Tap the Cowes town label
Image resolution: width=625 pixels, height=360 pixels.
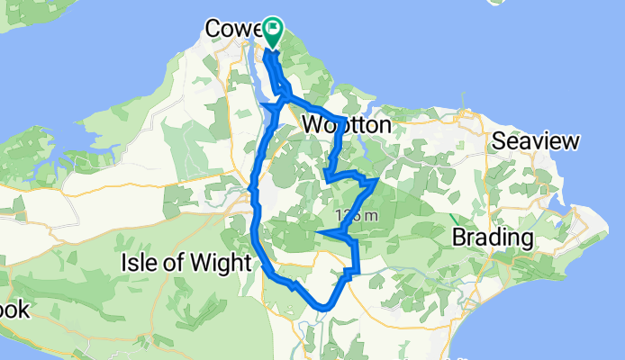click(x=231, y=30)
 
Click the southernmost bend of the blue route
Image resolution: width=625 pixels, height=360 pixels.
click(x=320, y=309)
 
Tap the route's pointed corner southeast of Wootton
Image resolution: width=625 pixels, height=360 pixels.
click(x=374, y=182)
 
